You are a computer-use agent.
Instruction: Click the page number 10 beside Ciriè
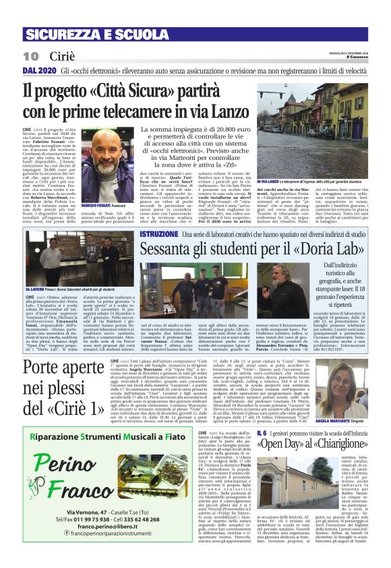click(31, 55)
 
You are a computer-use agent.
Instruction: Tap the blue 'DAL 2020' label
click(39, 69)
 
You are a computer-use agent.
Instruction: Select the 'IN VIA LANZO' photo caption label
click(268, 181)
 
